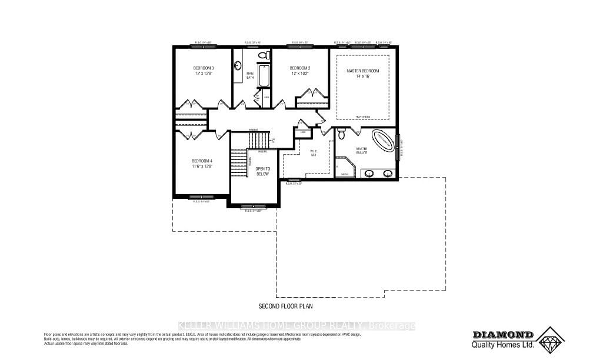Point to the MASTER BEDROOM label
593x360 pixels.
pos(363,71)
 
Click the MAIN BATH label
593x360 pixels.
pos(250,76)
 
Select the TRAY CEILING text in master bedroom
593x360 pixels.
pos(363,117)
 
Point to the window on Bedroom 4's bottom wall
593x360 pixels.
pos(201,196)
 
